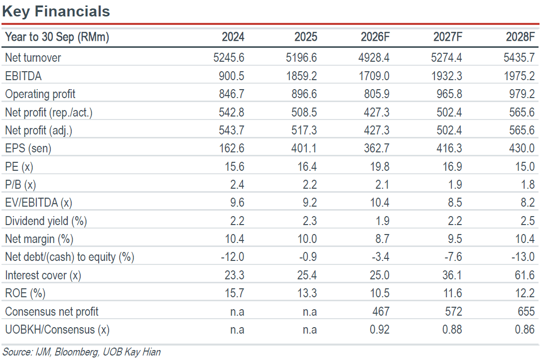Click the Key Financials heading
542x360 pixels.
tap(56, 11)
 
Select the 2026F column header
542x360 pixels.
tap(375, 37)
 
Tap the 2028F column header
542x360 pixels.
tap(520, 37)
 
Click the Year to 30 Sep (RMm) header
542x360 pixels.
tap(57, 37)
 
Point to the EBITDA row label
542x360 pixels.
tap(23, 76)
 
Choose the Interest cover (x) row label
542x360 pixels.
tap(43, 275)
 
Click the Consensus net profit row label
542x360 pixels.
tap(51, 312)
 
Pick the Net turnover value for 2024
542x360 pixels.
tap(229, 57)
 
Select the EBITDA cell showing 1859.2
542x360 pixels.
tap(301, 76)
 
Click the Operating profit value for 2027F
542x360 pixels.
tap(449, 94)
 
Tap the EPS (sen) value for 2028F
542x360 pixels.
tap(522, 148)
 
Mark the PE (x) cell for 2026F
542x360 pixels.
tap(380, 166)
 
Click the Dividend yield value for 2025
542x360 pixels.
tap(310, 221)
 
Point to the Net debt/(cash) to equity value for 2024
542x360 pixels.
tap(233, 257)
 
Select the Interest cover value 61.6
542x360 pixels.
tap(525, 275)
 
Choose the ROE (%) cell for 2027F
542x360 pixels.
tap(453, 293)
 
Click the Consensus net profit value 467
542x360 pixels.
tap(381, 311)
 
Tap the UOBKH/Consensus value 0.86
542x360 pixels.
tap(525, 329)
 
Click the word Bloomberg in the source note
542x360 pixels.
tap(76, 352)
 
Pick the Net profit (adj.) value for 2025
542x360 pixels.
tap(304, 130)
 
